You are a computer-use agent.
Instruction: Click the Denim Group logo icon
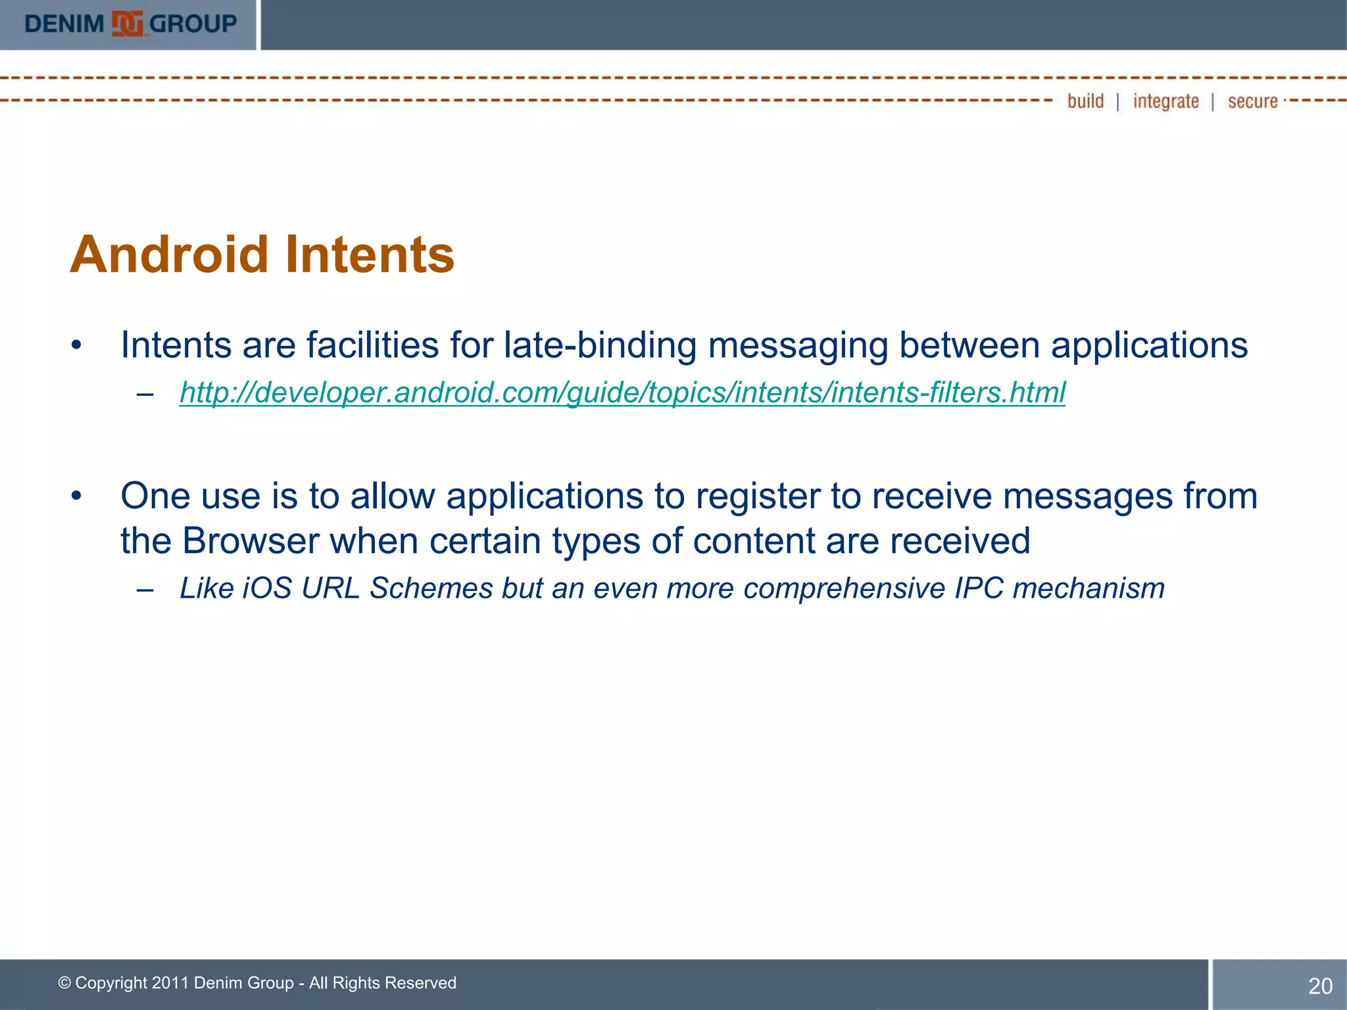(x=127, y=24)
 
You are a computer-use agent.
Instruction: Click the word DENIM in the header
(x=64, y=24)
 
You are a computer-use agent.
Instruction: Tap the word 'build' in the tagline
(x=1085, y=101)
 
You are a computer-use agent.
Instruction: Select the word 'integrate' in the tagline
(x=1165, y=101)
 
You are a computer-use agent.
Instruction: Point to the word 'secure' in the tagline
(x=1252, y=101)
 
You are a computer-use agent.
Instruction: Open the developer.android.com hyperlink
(x=622, y=393)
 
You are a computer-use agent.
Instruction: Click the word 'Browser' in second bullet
(x=251, y=541)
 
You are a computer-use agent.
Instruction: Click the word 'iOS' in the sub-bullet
(x=267, y=588)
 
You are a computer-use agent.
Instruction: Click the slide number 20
(x=1320, y=986)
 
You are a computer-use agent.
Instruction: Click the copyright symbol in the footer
(x=64, y=983)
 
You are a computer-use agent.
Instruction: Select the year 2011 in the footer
(x=170, y=983)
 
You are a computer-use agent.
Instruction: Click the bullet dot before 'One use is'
(x=77, y=496)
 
